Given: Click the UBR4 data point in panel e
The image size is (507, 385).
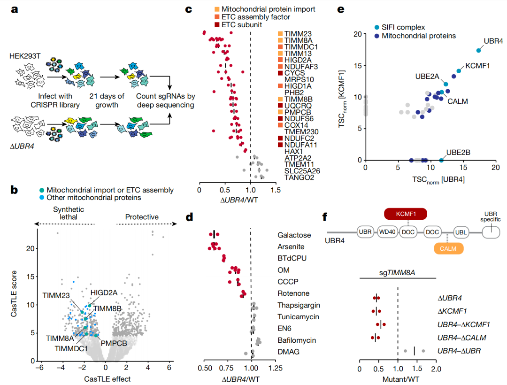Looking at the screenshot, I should point(478,50).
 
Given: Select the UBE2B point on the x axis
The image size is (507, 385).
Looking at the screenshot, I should point(441,160).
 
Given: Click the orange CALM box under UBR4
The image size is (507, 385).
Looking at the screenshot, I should point(449,248).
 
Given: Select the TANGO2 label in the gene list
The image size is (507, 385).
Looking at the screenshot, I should point(298,177).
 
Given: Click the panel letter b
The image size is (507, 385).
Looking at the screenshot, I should point(15,190).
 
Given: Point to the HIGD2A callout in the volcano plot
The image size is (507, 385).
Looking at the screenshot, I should point(104,293).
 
